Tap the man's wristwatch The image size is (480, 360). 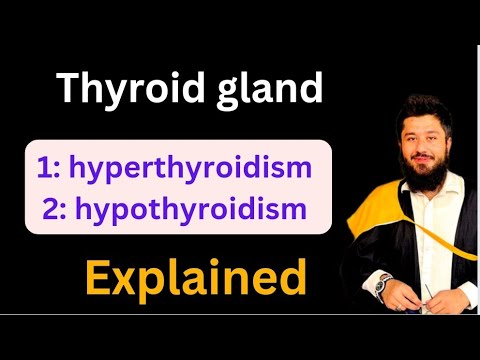pyautogui.click(x=380, y=284)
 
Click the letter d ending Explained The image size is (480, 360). pyautogui.click(x=291, y=277)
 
